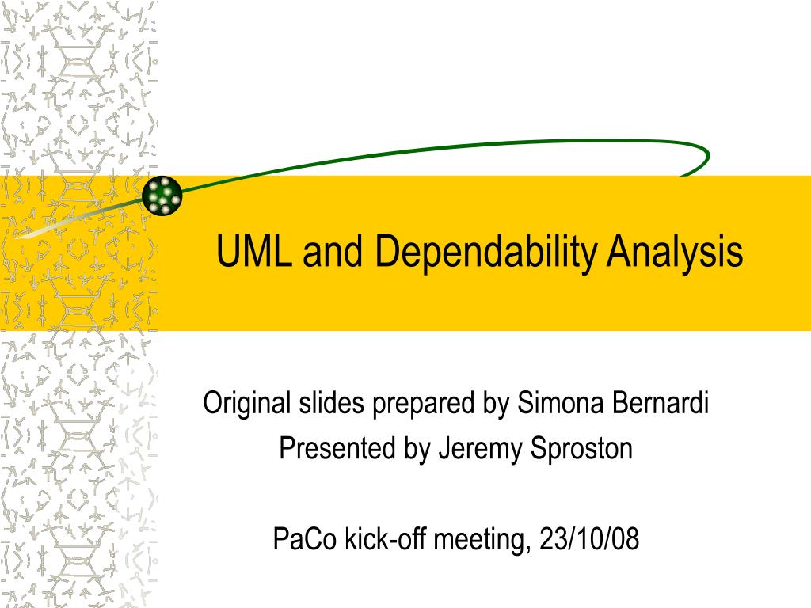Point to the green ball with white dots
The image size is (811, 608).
point(162,195)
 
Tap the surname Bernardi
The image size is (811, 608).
point(661,404)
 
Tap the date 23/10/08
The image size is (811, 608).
point(588,539)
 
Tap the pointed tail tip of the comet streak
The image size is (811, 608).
point(16,235)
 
